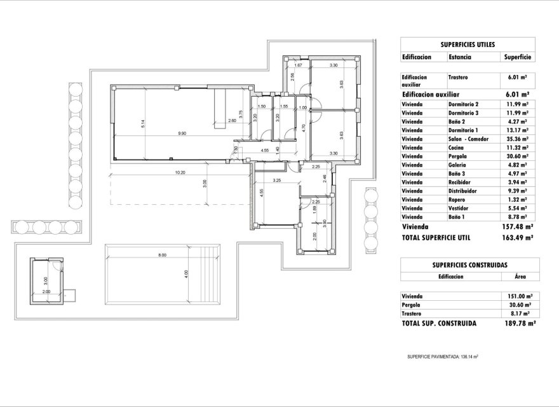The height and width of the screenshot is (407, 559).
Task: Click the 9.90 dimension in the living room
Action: [x=182, y=133]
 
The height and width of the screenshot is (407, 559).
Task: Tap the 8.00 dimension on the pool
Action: [x=162, y=256]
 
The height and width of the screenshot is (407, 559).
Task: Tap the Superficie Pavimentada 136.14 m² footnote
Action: [x=442, y=357]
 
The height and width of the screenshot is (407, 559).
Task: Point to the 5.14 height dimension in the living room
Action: [x=144, y=124]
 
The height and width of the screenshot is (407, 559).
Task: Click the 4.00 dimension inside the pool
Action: [x=186, y=274]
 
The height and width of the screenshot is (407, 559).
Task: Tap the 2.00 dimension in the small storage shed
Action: [x=46, y=291]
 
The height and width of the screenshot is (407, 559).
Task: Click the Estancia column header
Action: [x=459, y=57]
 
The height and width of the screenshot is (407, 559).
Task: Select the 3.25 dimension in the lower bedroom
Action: [x=276, y=181]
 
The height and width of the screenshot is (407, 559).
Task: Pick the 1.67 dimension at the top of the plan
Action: [x=297, y=66]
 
